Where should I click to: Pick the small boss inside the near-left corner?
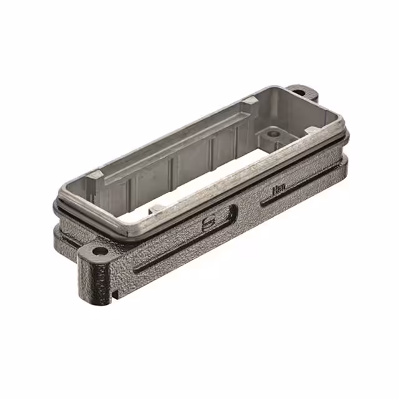(x=158, y=208)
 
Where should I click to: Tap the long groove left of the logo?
(x=168, y=249)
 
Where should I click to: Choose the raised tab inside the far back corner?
(x=249, y=100)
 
